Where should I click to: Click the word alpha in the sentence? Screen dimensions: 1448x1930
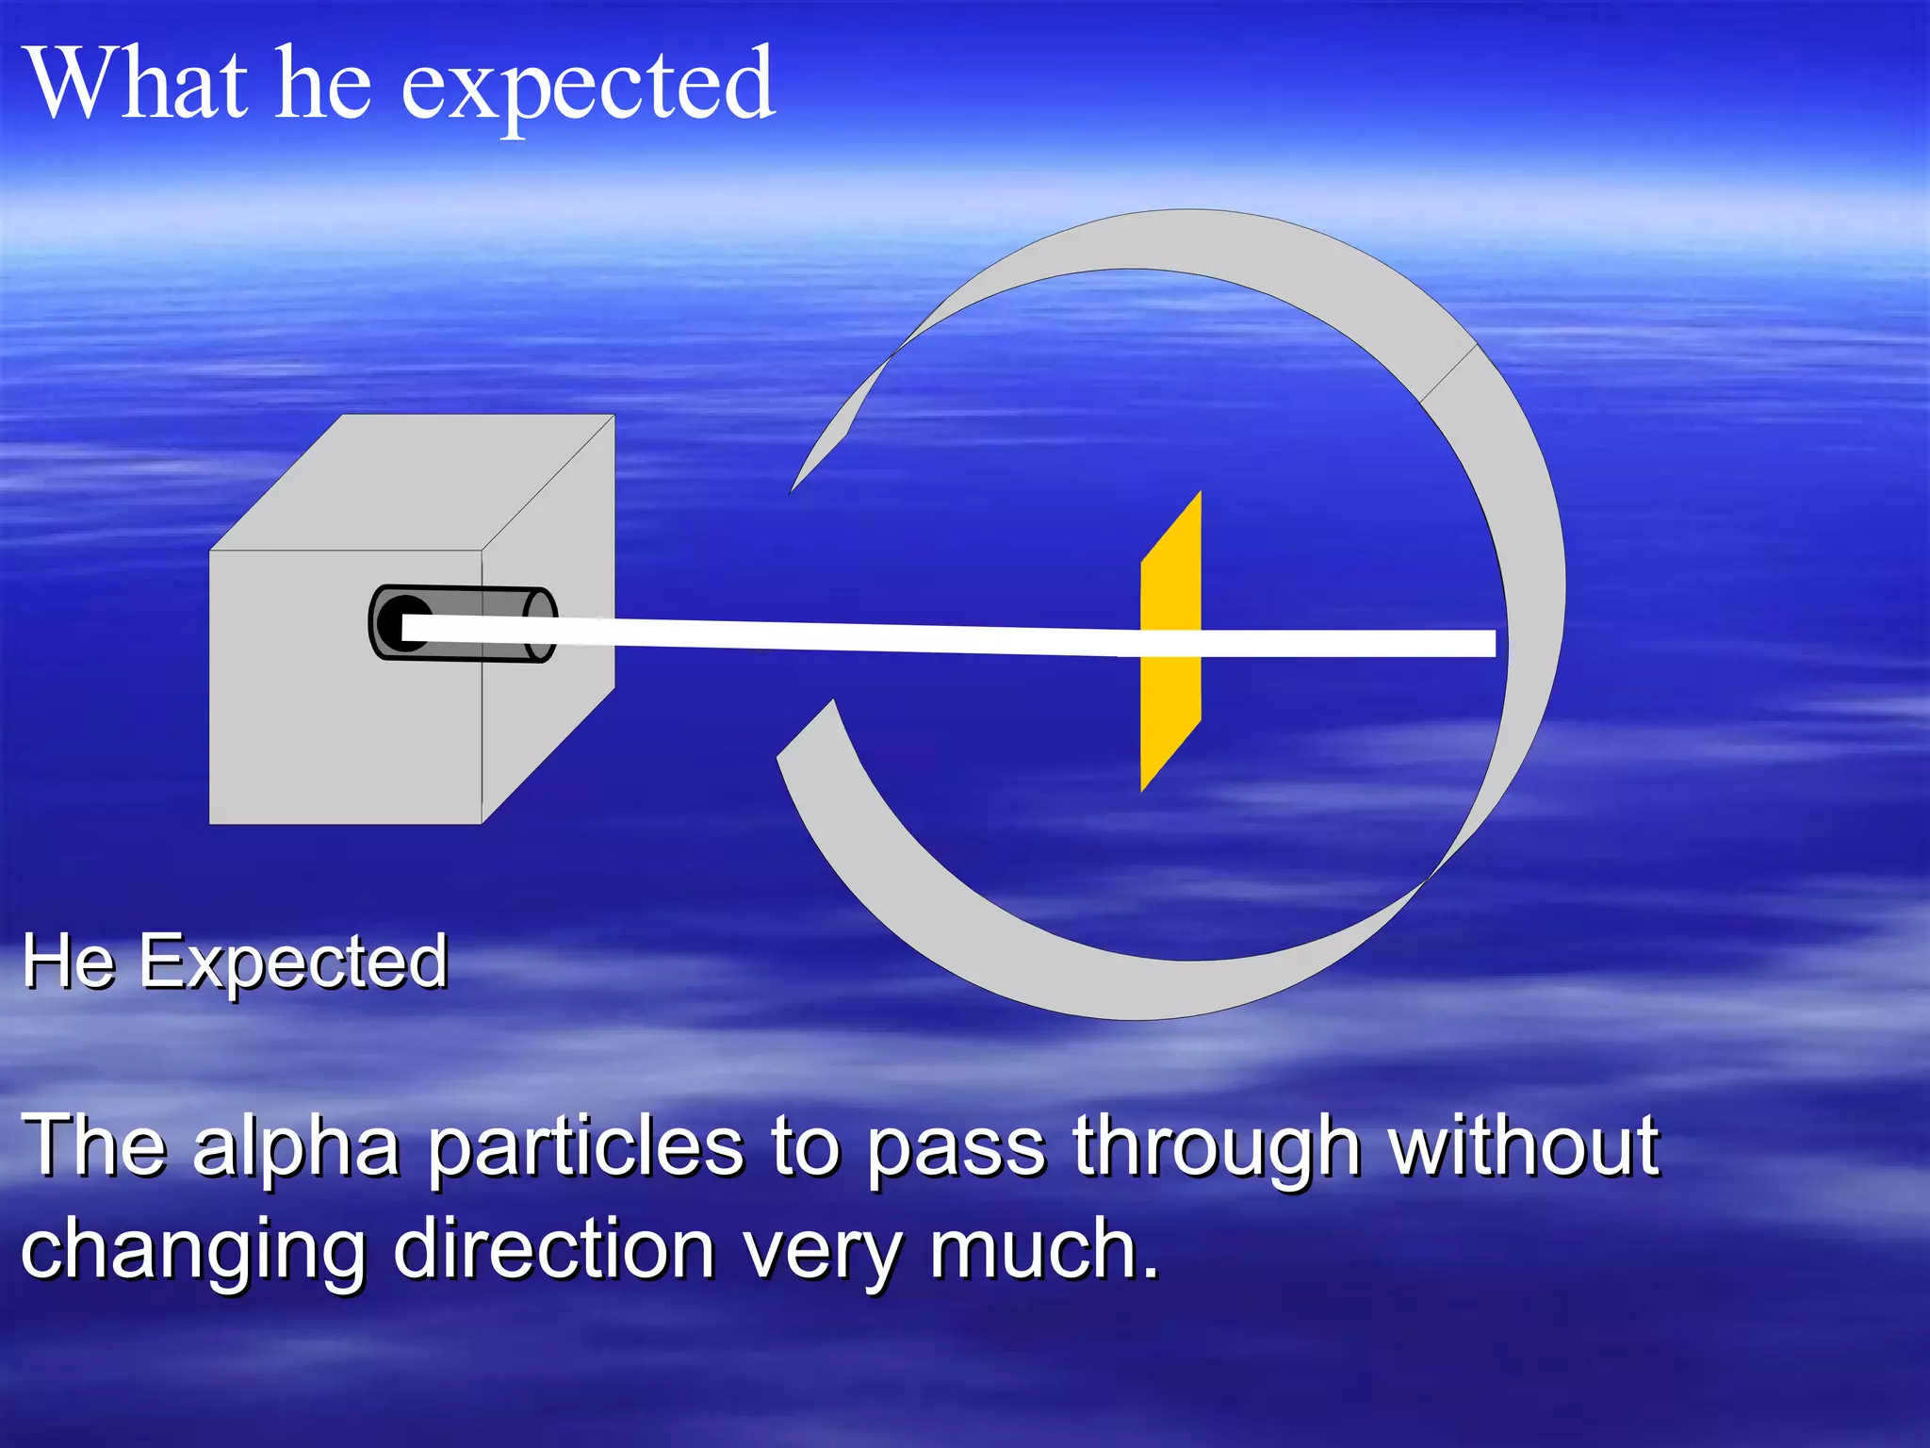[x=296, y=1148]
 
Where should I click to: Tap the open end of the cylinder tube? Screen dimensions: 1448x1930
[x=540, y=624]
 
